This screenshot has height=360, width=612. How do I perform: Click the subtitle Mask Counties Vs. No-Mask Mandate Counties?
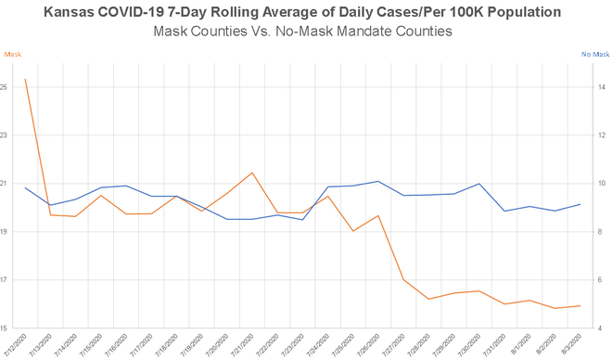[305, 32]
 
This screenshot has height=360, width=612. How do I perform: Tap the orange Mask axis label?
[14, 55]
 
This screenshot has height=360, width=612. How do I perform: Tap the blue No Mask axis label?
[593, 55]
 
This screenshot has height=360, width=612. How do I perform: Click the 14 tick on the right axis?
[602, 87]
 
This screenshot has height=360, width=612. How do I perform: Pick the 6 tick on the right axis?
[602, 280]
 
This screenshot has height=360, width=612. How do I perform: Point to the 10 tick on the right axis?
[602, 184]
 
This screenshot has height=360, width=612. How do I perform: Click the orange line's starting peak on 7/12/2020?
[25, 79]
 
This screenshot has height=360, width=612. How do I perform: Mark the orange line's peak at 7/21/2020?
[252, 173]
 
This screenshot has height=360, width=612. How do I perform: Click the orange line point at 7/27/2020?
[403, 279]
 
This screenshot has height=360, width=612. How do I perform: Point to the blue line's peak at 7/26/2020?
[378, 181]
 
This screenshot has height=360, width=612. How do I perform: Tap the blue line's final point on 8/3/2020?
[580, 204]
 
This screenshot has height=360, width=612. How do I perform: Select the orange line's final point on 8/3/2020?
[580, 306]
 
